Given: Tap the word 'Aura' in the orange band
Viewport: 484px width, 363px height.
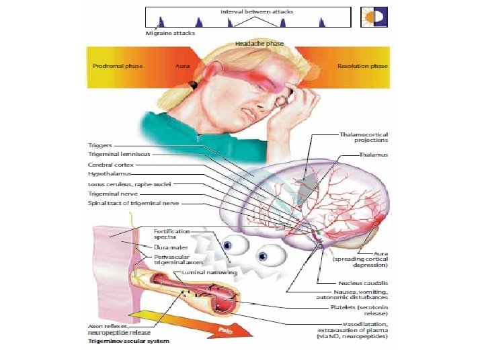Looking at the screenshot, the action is pyautogui.click(x=182, y=66).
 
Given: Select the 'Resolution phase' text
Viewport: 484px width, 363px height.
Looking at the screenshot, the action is pyautogui.click(x=362, y=66).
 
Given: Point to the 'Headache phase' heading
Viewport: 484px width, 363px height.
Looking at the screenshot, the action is pyautogui.click(x=259, y=43).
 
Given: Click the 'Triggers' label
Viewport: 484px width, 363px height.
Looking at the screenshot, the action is pyautogui.click(x=100, y=145).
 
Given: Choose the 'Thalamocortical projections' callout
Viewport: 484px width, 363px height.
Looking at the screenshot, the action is pyautogui.click(x=364, y=137).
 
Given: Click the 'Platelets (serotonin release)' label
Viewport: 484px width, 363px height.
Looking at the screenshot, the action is pyautogui.click(x=355, y=311).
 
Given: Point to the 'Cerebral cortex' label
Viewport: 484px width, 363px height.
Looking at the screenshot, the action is pyautogui.click(x=111, y=164).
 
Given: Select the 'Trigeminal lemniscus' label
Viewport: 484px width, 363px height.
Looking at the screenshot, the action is pyautogui.click(x=119, y=154).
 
